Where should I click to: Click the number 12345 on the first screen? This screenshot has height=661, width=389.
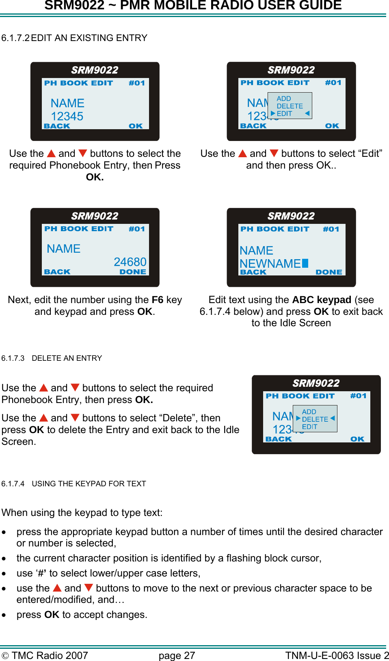point(67,116)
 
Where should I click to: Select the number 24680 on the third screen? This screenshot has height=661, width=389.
point(130,262)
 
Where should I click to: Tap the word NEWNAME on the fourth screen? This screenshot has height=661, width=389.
point(270,264)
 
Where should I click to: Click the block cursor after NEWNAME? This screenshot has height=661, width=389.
point(305,263)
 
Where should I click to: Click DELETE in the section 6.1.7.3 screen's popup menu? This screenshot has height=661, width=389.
point(315,419)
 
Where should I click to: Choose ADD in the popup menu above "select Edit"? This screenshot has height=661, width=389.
point(284,99)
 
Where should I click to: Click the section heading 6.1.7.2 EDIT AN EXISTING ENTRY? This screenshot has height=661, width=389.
point(74,38)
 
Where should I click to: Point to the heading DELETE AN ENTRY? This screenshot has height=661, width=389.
point(67,358)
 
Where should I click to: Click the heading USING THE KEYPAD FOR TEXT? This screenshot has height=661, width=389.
point(89,483)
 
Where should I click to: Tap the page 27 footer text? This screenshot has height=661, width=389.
point(177,655)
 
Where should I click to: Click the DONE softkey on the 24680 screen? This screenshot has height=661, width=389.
point(133,272)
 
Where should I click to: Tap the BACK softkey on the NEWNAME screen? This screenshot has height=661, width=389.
point(253,272)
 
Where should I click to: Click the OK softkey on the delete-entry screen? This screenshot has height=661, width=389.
point(357,439)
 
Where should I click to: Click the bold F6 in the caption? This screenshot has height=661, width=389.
point(158,300)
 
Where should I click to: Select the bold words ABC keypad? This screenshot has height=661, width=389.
point(322,300)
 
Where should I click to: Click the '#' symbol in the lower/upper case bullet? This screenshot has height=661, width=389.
point(41,573)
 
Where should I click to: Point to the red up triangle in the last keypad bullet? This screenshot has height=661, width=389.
point(57,588)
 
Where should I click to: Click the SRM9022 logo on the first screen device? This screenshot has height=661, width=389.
point(95,70)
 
